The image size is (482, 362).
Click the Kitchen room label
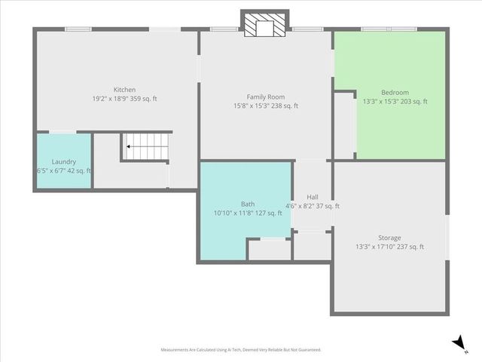124,90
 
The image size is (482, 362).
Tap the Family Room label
266,97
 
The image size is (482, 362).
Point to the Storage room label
389,238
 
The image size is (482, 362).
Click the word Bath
248,204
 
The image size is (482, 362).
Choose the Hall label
312,197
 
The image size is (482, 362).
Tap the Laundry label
63,161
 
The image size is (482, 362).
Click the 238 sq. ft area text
285,106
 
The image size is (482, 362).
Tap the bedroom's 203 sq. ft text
413,102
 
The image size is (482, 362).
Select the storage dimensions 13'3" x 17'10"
374,247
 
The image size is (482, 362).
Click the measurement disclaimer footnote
241,350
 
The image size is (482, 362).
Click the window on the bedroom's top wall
389,29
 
